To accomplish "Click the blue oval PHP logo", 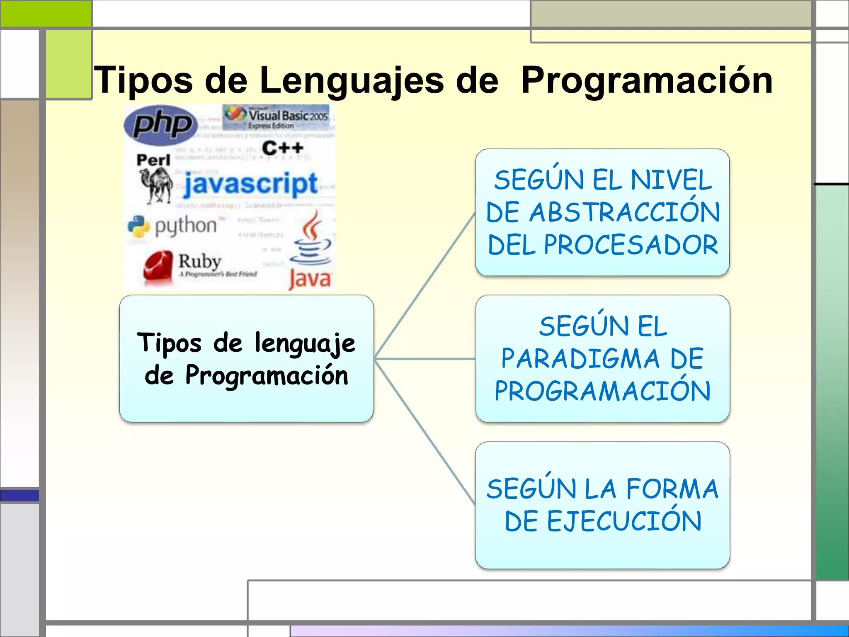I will tap(160, 125).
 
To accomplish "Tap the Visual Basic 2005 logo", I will tap(278, 118).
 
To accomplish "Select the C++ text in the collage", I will tap(282, 148).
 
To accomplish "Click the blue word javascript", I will tap(251, 184).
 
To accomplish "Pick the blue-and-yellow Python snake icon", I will tap(138, 226).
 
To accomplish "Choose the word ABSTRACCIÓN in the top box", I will tap(624, 213).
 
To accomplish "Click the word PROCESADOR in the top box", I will tap(631, 245).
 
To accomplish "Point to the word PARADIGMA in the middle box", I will tap(580, 359).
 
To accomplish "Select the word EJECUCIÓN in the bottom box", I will tap(624, 521).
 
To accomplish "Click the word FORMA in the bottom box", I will tap(672, 489).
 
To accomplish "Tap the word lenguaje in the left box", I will tap(305, 344).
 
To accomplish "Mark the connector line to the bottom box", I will tap(424, 432).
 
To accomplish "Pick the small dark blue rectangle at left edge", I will tap(19, 495).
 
